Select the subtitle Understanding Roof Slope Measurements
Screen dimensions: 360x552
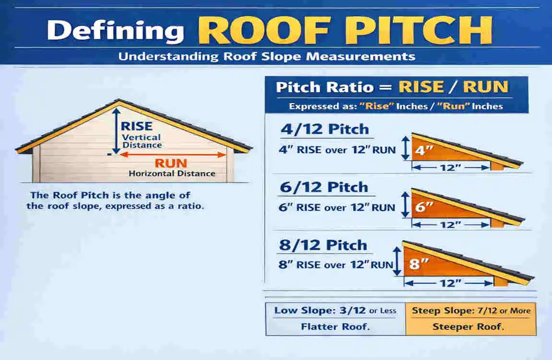tap(266, 56)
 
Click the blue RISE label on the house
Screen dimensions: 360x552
tap(136, 126)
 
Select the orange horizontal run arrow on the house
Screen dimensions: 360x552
tap(173, 155)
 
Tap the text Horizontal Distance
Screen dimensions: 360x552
tap(172, 173)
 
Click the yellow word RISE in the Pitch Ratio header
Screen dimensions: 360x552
tap(421, 87)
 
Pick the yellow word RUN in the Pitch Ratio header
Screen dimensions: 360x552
tap(485, 87)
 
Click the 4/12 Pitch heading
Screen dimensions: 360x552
tap(324, 129)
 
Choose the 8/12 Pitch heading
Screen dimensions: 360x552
tap(324, 245)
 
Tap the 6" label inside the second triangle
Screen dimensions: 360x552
tap(423, 207)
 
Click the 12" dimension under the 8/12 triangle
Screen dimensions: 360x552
tap(450, 283)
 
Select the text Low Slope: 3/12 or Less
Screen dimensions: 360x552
tap(335, 311)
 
